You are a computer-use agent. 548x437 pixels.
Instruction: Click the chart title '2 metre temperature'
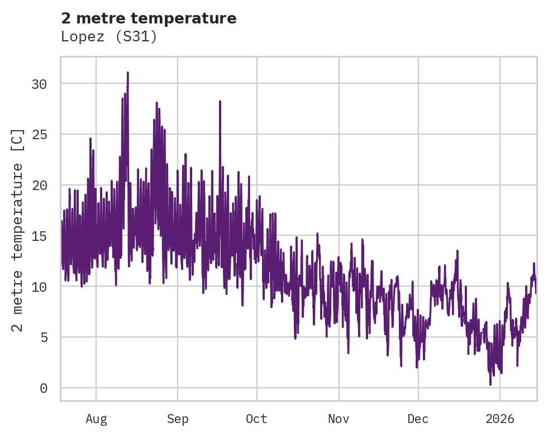click(x=149, y=18)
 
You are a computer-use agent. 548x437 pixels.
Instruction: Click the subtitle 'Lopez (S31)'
click(x=109, y=37)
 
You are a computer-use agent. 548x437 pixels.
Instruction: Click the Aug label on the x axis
click(x=96, y=419)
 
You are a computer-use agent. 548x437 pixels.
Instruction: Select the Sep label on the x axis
click(x=178, y=419)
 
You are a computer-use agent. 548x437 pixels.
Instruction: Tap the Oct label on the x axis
click(x=257, y=419)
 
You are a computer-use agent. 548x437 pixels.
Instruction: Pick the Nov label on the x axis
click(x=339, y=419)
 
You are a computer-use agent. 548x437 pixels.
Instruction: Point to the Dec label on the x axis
click(x=418, y=419)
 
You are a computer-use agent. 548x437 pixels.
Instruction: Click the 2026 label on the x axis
click(x=500, y=419)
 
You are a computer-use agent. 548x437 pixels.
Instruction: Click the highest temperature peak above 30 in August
click(x=127, y=73)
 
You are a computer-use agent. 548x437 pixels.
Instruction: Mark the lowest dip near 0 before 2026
click(x=490, y=384)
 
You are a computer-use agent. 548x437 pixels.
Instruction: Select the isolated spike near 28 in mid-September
click(x=220, y=102)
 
